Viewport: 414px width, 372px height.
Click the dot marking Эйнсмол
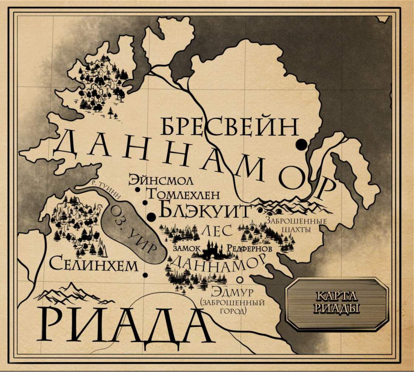pyautogui.click(x=137, y=190)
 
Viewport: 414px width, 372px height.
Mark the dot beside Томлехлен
pyautogui.click(x=145, y=203)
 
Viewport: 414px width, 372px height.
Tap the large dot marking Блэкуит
pyautogui.click(x=151, y=216)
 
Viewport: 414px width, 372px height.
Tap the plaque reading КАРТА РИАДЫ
pyautogui.click(x=337, y=304)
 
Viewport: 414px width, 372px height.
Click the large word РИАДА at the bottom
pyautogui.click(x=123, y=326)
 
